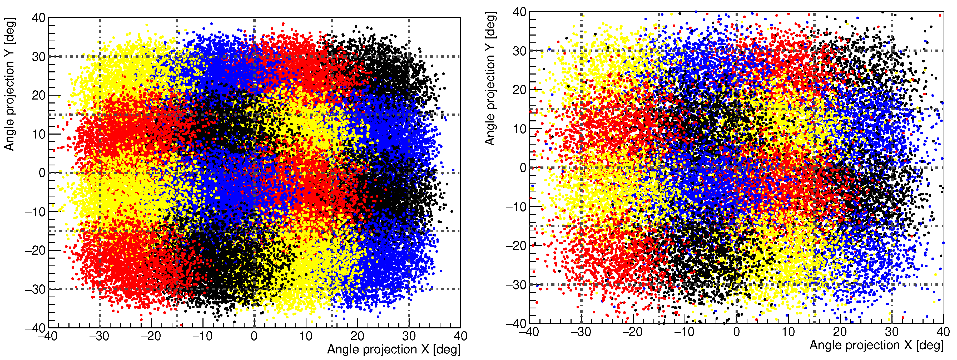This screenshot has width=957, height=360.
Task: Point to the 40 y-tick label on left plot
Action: point(38,18)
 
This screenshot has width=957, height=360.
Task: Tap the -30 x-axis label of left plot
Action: point(99,337)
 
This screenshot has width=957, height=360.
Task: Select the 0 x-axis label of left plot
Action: point(254,337)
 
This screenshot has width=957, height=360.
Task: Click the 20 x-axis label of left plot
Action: point(357,337)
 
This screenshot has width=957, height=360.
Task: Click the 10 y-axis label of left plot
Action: point(38,134)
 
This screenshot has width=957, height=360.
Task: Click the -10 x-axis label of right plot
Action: point(684,332)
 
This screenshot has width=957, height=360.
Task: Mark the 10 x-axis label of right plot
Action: point(788,332)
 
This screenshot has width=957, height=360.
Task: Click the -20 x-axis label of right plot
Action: point(633,332)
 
